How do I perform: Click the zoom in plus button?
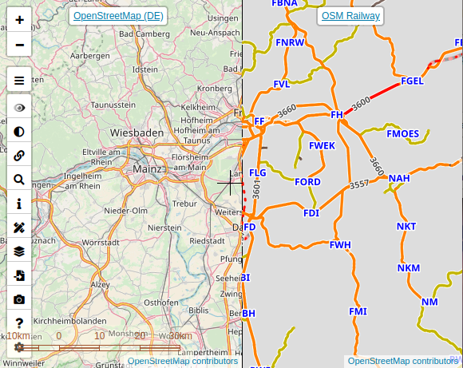tap(19, 18)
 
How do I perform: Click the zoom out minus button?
tap(19, 44)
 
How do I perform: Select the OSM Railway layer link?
tap(350, 16)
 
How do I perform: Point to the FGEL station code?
tap(413, 81)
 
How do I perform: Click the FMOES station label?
tap(402, 133)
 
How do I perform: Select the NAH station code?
tap(399, 178)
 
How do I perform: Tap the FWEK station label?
tap(322, 145)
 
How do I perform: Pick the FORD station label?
tap(307, 182)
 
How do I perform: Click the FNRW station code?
tap(290, 42)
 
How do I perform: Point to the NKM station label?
tap(408, 268)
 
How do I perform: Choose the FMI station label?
tap(358, 311)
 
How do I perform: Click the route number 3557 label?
tap(359, 184)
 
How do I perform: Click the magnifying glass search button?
tap(19, 180)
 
